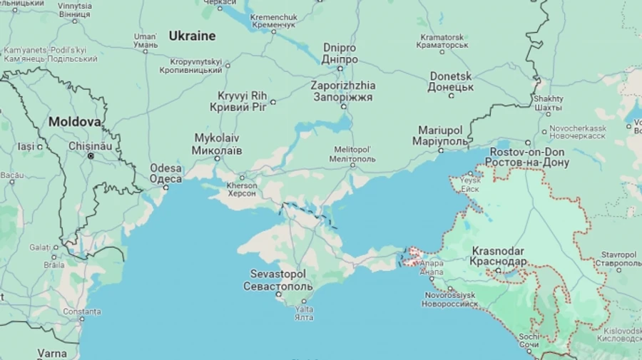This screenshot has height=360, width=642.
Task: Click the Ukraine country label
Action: tap(192, 36)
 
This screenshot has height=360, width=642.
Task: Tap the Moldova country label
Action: tap(74, 122)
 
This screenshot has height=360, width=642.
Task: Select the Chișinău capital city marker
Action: tap(91, 155)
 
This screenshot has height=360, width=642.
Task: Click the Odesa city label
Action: tap(165, 174)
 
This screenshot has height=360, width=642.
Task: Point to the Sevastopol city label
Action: tap(277, 280)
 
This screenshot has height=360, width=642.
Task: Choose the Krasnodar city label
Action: tap(498, 256)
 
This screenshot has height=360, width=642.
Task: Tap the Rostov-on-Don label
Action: tap(527, 158)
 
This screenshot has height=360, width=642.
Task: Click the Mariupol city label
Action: tap(440, 135)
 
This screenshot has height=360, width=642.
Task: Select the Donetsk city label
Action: tap(450, 81)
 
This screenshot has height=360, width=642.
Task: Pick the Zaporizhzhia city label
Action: tap(342, 91)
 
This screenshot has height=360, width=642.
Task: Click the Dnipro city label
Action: tap(340, 53)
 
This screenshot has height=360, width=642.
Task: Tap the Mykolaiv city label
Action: tap(217, 144)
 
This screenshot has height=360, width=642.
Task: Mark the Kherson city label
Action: tap(241, 189)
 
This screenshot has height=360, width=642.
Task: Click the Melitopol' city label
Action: tap(352, 154)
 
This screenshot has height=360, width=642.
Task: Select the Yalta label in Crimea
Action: tap(304, 313)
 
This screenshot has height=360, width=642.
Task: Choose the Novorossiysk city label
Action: tap(449, 299)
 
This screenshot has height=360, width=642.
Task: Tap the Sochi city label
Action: tap(529, 340)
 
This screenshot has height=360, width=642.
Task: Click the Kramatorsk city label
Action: tap(442, 41)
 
